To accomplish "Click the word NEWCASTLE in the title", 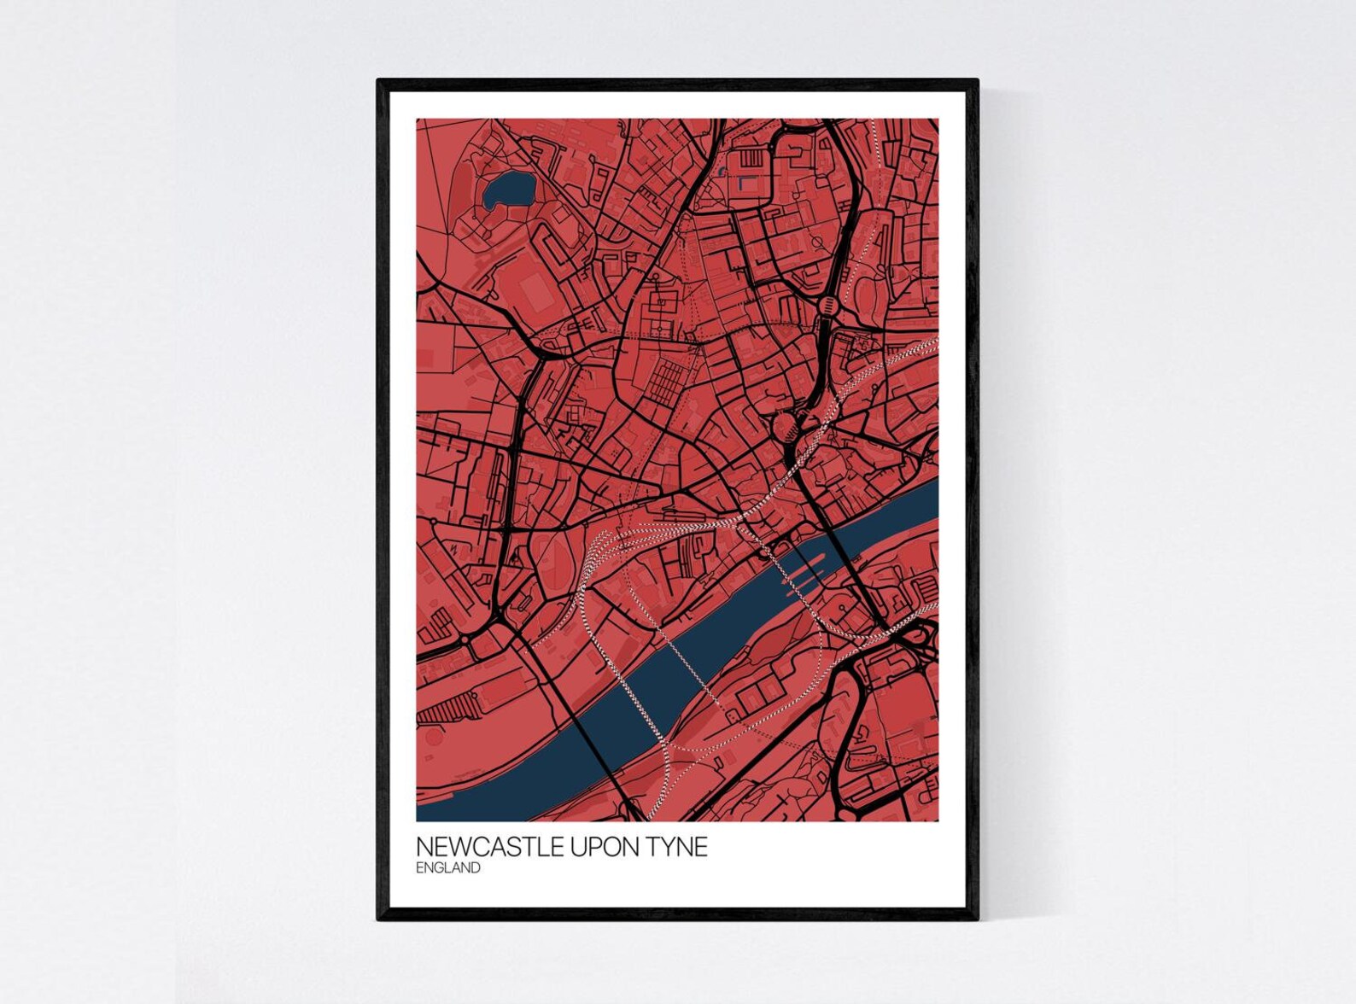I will tap(476, 847).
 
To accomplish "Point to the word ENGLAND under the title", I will tap(447, 868).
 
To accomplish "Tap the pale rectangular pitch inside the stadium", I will tap(536, 295).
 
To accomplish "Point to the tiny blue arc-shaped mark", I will tap(722, 172).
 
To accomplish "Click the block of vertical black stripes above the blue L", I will tap(751, 160).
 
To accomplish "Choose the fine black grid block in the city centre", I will tap(666, 380).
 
